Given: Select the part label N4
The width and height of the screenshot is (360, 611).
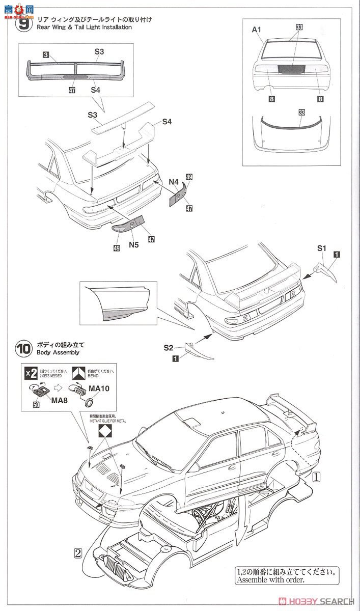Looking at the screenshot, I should click(173, 181).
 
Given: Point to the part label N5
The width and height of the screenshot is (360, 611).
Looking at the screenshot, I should click(134, 244).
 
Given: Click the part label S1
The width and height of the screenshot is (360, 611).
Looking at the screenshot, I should click(321, 248).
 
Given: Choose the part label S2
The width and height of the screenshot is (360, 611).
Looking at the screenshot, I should click(169, 348).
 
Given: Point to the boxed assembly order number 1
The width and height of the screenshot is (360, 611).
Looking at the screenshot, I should click(316, 477).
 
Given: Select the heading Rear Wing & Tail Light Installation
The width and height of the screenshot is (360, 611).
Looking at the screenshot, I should click(84, 27).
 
